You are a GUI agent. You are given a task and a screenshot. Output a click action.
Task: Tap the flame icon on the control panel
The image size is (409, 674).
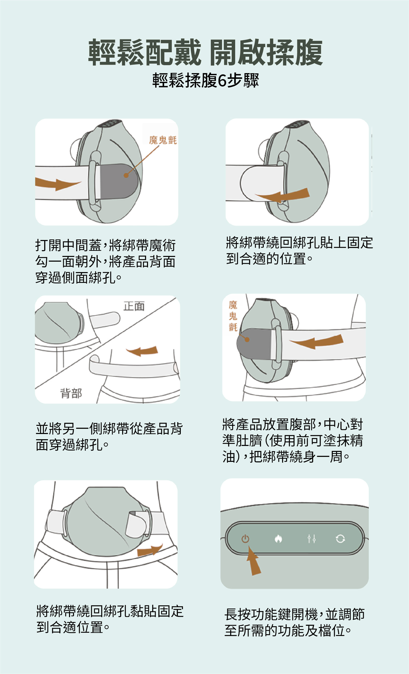278,539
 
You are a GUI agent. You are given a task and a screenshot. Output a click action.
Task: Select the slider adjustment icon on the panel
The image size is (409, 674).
311,539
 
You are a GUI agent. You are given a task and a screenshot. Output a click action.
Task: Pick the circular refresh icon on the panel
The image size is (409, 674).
340,539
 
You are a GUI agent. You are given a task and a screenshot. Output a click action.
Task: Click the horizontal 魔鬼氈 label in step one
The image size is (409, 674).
163,140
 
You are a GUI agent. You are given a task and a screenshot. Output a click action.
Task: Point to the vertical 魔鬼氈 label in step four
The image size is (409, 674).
233,316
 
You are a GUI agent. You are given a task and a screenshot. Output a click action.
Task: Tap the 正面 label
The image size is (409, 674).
134,306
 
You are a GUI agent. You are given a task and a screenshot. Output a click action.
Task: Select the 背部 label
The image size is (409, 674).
71,393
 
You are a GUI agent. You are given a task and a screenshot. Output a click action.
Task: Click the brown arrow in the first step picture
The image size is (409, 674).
57,184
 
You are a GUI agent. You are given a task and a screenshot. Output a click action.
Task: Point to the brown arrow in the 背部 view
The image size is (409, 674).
142,351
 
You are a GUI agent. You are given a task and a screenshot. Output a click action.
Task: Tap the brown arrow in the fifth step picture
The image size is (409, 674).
150,550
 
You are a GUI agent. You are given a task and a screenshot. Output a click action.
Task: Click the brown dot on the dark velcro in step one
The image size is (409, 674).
126,175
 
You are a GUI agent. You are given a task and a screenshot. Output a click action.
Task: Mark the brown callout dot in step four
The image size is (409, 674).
247,340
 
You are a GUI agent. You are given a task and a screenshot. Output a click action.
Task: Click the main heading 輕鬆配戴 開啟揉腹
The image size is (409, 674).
205,52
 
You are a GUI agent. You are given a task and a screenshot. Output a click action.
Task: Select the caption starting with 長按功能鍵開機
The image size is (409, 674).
295,622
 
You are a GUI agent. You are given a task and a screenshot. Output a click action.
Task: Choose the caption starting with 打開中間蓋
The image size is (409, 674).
106,261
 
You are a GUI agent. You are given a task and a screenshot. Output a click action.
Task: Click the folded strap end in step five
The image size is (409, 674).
136,524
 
